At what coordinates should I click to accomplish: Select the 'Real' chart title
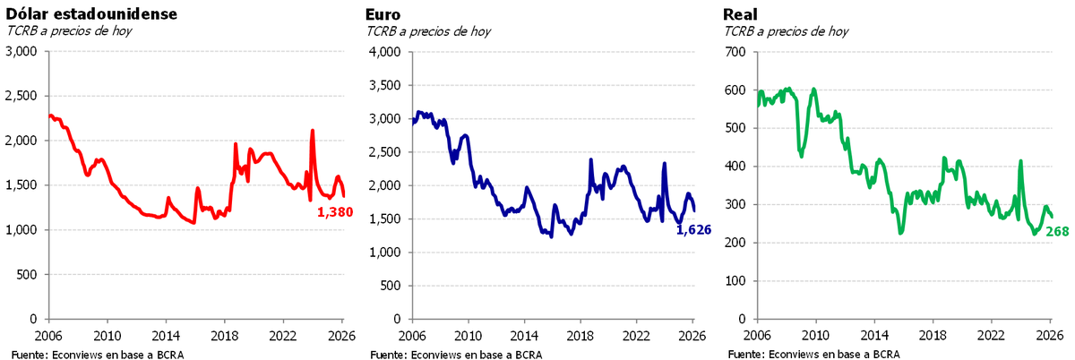[x=739, y=13]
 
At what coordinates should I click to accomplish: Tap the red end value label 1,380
[x=335, y=212]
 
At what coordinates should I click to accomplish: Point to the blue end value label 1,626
[x=692, y=229]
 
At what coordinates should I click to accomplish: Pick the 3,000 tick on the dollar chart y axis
[x=21, y=52]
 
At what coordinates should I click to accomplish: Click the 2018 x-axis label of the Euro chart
[x=580, y=336]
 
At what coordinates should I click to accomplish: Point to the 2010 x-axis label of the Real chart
[x=814, y=336]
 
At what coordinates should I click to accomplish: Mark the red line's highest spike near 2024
[x=312, y=131]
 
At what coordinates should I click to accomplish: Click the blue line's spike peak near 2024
[x=664, y=163]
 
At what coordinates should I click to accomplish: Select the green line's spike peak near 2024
[x=1020, y=162]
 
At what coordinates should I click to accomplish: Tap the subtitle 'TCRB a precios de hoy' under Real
[x=786, y=31]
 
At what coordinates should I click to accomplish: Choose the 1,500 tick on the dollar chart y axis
[x=21, y=185]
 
